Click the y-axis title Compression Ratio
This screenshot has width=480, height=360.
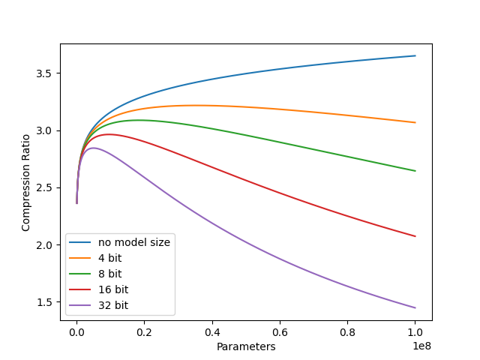[x=26, y=182]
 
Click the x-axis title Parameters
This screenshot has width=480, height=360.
[x=246, y=346]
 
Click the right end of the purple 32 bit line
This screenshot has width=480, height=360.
[x=415, y=307]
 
